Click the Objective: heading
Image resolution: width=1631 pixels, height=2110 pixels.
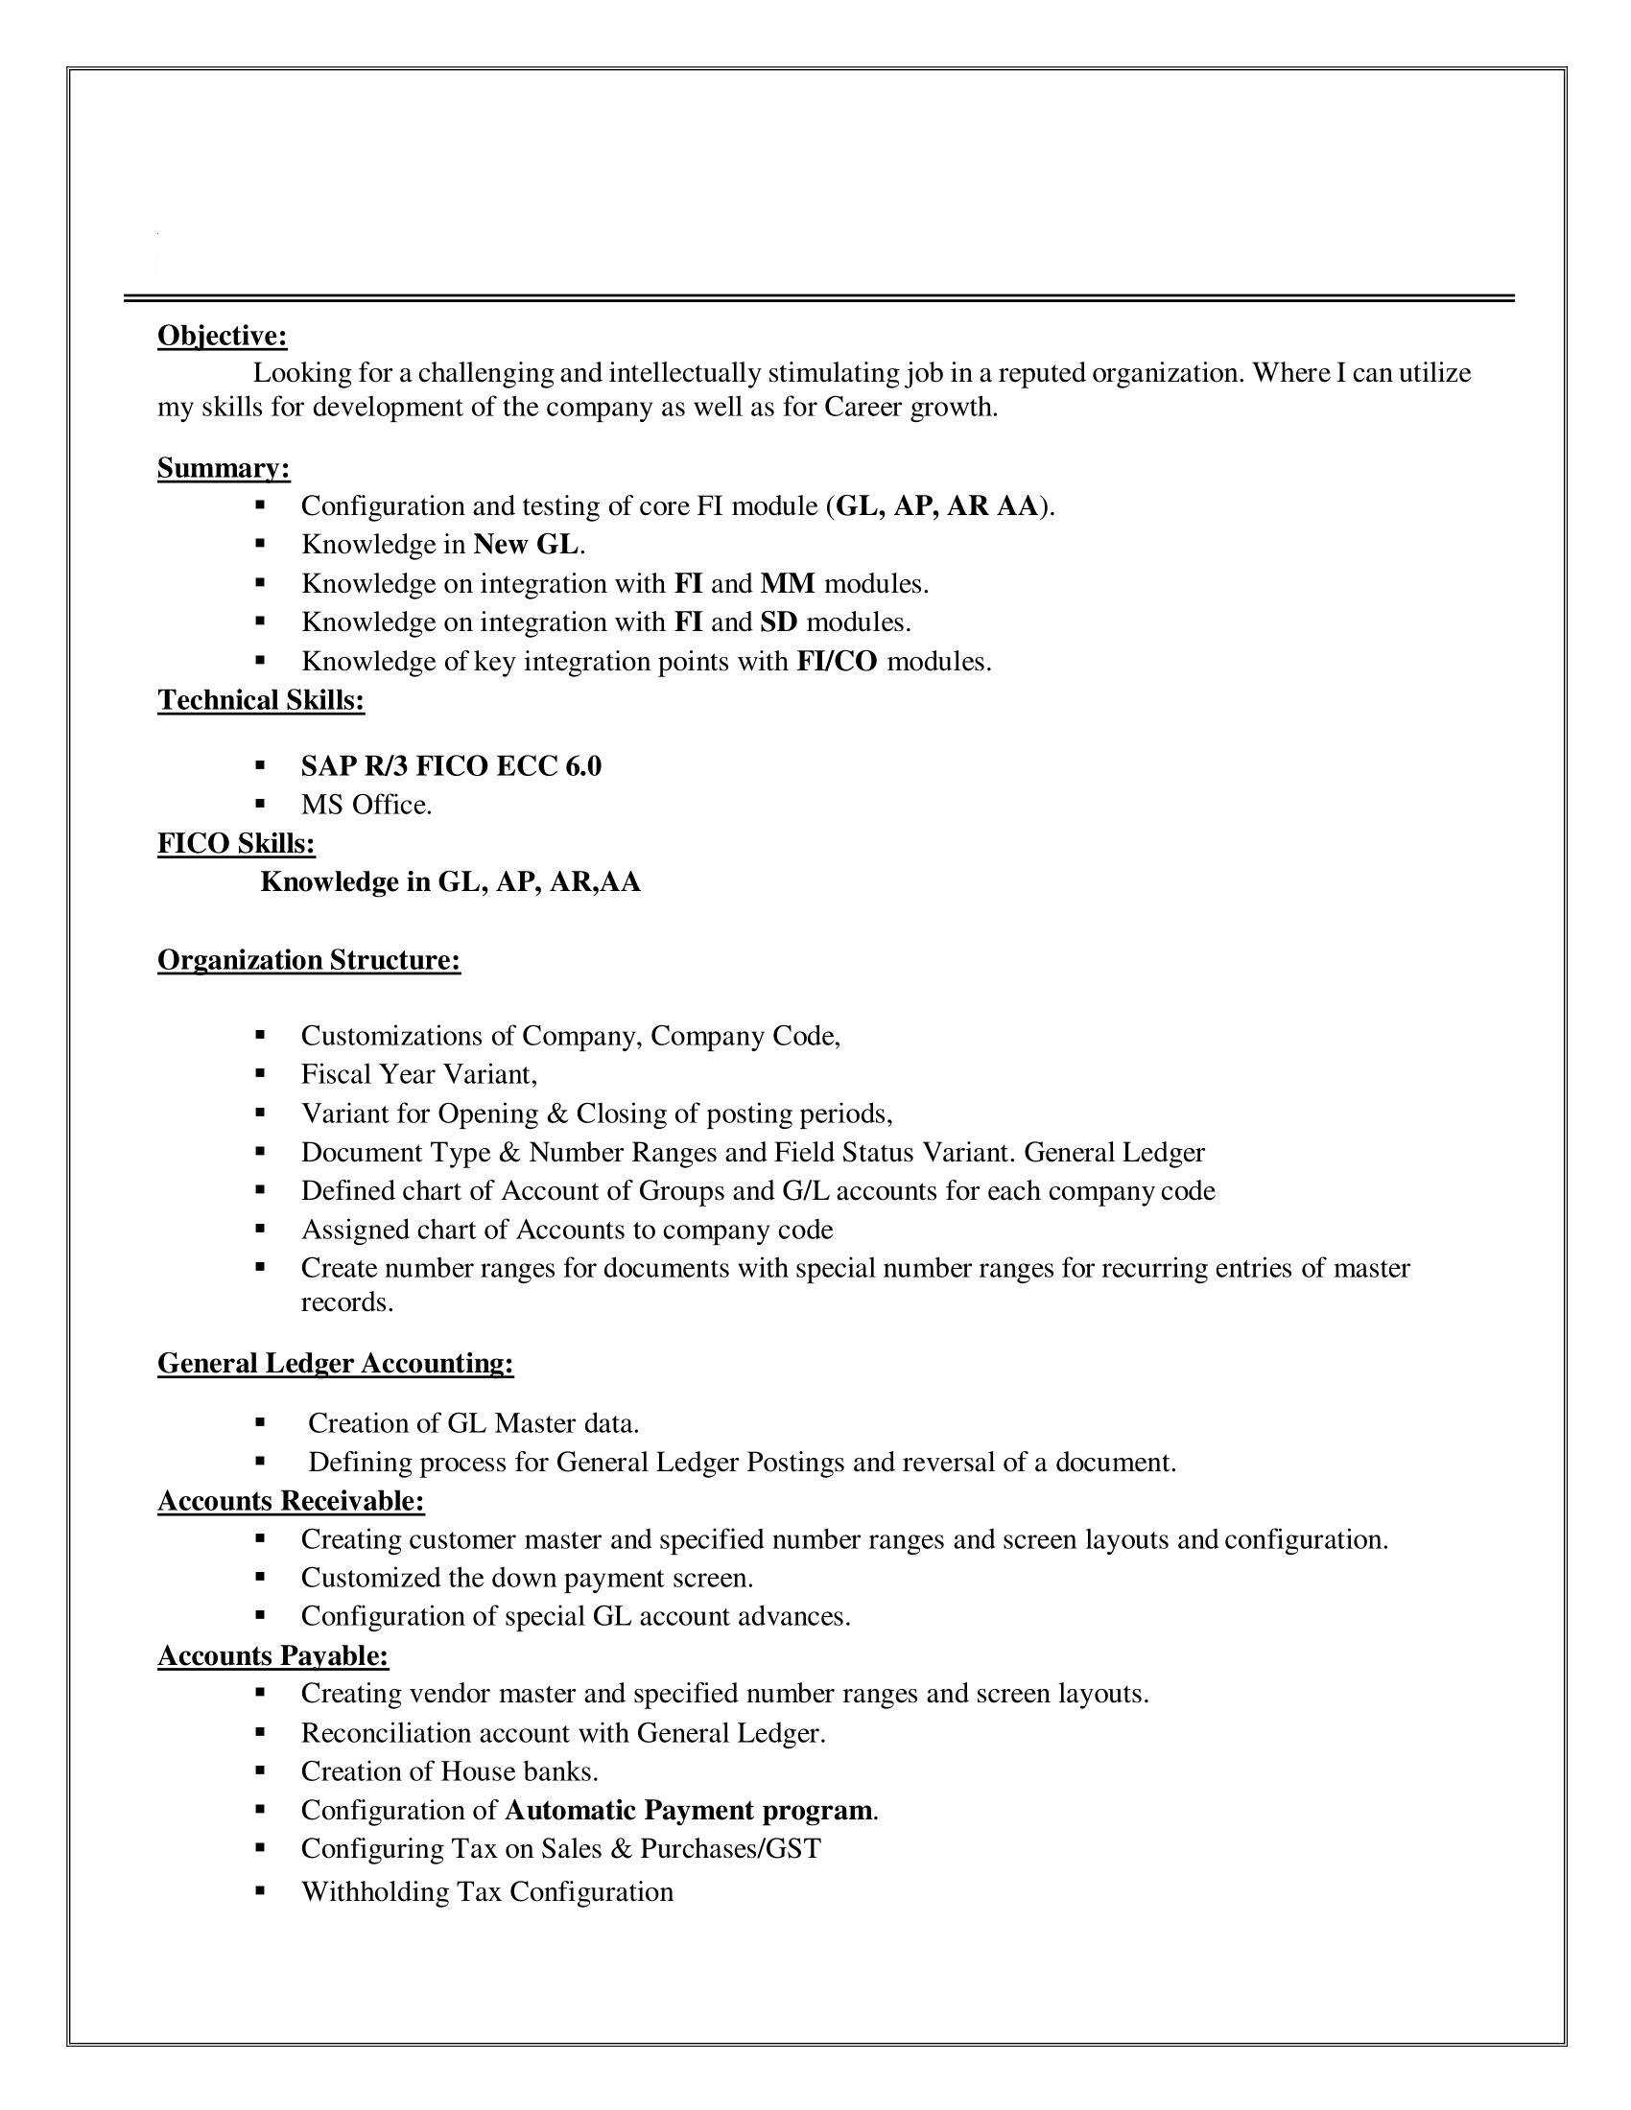(223, 337)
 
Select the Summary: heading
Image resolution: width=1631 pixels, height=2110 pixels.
(224, 469)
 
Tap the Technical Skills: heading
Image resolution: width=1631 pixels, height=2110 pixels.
(261, 700)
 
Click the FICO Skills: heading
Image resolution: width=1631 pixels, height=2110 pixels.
(236, 844)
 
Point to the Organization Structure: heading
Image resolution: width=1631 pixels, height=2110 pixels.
(309, 960)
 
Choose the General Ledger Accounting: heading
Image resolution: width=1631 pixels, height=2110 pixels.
(335, 1363)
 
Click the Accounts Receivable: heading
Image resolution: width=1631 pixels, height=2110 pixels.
(291, 1500)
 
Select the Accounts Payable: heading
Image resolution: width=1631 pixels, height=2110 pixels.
(272, 1656)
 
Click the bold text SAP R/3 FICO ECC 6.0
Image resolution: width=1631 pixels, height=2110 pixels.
(451, 766)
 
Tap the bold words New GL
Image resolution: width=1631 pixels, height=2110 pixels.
(527, 545)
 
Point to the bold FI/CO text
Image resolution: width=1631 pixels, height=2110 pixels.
(837, 662)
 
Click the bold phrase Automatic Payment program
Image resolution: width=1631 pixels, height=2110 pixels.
(689, 1810)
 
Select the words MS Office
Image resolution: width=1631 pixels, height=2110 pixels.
(366, 805)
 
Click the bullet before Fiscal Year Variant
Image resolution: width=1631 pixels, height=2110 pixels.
(260, 1073)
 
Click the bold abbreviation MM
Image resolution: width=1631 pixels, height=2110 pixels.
(788, 583)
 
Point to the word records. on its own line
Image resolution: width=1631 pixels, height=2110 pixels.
(347, 1302)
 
